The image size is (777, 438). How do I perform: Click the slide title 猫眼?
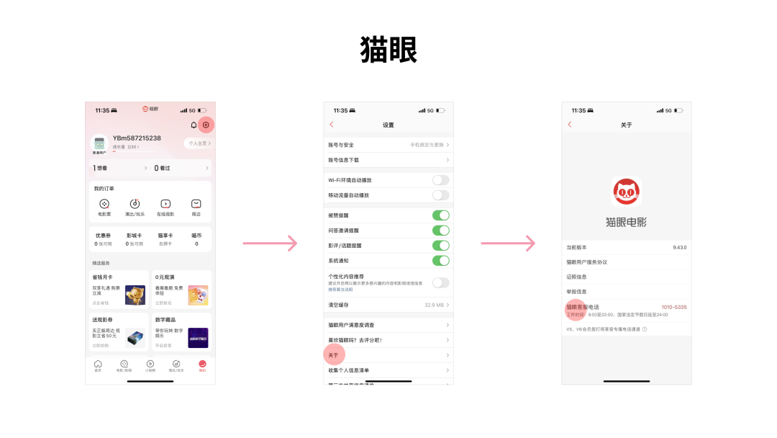(x=388, y=50)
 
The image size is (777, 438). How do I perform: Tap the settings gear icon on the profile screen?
(x=206, y=125)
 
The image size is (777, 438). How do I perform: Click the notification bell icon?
(x=194, y=125)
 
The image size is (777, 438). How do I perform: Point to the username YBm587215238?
(x=137, y=138)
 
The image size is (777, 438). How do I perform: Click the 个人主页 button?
(x=199, y=143)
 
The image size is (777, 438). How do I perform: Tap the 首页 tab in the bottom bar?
(x=98, y=365)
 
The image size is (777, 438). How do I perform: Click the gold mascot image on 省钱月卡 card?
(x=135, y=295)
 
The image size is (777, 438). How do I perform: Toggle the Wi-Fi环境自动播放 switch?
(x=440, y=180)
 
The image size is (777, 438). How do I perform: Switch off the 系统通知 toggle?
(x=440, y=261)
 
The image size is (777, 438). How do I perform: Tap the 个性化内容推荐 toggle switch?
(x=440, y=282)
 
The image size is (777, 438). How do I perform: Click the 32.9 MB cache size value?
(x=434, y=305)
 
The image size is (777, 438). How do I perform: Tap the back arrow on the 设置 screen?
(x=332, y=125)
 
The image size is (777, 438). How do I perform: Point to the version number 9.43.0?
(x=679, y=247)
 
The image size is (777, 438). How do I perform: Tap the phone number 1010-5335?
(x=673, y=307)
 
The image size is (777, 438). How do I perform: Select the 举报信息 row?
(x=577, y=292)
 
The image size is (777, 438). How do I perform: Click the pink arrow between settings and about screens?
(x=508, y=243)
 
